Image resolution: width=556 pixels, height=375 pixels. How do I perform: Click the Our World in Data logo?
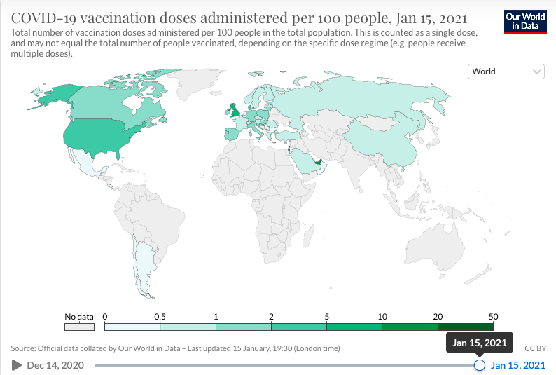tap(525, 22)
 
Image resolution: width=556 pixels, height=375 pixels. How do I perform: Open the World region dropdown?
tap(506, 71)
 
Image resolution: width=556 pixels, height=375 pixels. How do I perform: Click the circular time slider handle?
tap(480, 364)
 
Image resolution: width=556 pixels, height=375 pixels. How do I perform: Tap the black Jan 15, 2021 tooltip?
tap(479, 342)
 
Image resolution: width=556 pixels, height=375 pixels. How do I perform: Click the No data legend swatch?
tap(79, 327)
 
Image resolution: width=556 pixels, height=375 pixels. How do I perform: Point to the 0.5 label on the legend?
tap(160, 316)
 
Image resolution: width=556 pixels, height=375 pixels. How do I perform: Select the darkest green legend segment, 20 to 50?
tap(466, 327)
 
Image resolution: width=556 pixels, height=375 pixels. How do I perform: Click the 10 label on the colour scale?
tap(382, 316)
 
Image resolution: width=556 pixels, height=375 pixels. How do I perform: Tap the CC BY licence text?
tap(535, 348)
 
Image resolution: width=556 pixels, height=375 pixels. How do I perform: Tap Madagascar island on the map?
tap(308, 237)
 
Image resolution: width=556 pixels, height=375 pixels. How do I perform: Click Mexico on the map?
tap(87, 163)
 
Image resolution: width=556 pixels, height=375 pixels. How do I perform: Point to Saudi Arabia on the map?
tap(305, 161)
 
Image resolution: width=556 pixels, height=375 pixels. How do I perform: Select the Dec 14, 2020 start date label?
tap(55, 365)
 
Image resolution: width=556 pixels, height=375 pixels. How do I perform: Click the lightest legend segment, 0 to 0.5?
tap(132, 327)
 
